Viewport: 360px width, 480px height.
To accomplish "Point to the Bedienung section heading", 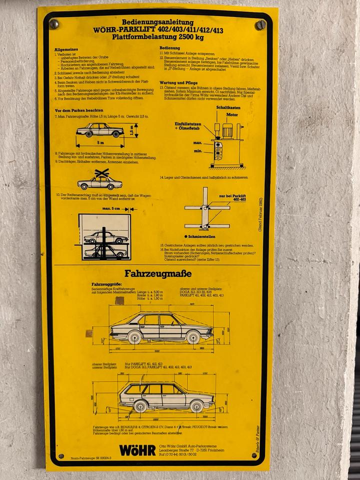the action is [x=170, y=47].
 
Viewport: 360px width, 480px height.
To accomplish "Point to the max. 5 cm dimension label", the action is [x=111, y=208].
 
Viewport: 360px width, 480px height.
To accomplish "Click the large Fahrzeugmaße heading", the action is [x=158, y=274].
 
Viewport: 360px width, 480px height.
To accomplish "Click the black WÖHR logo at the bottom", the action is [x=137, y=449].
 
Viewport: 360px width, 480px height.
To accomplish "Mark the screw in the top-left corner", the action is [x=54, y=24].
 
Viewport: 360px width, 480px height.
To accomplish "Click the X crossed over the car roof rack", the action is [x=102, y=173].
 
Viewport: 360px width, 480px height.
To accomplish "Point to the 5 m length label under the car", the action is [x=100, y=143].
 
